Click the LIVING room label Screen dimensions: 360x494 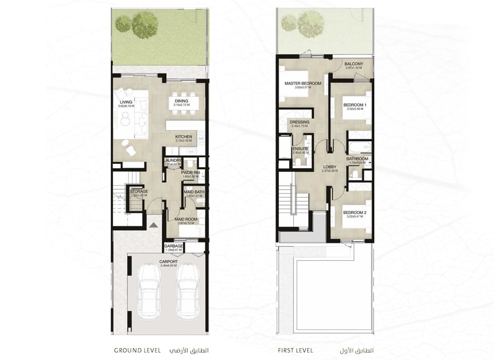pyautogui.click(x=126, y=102)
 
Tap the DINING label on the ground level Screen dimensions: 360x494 pyautogui.click(x=181, y=101)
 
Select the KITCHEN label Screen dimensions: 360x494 pyautogui.click(x=184, y=137)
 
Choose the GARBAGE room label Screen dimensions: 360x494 pyautogui.click(x=174, y=246)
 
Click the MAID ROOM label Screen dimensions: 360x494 pyautogui.click(x=186, y=219)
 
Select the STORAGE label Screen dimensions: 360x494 pyautogui.click(x=139, y=191)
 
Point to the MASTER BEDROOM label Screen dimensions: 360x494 pyautogui.click(x=303, y=84)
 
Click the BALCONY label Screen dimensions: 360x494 pyautogui.click(x=354, y=64)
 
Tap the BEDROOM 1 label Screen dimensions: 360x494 pyautogui.click(x=354, y=105)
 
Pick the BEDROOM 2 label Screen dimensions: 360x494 pyautogui.click(x=354, y=212)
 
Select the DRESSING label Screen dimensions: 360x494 pyautogui.click(x=299, y=122)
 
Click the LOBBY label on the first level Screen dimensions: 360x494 pyautogui.click(x=330, y=167)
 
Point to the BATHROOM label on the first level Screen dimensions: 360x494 pyautogui.click(x=357, y=159)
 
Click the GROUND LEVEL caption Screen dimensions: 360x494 pyautogui.click(x=136, y=350)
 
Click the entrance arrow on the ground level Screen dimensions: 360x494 pyautogui.click(x=154, y=225)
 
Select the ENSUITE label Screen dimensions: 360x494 pyautogui.click(x=300, y=149)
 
